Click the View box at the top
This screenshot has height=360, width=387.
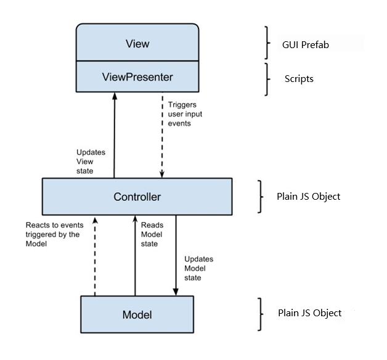click(x=137, y=44)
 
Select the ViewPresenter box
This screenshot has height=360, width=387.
click(x=137, y=77)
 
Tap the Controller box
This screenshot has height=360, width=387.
click(x=137, y=197)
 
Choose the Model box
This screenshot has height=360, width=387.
click(x=137, y=314)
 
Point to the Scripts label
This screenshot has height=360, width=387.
click(x=299, y=79)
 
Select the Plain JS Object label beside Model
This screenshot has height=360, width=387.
click(x=309, y=313)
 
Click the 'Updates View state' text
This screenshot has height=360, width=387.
click(x=89, y=161)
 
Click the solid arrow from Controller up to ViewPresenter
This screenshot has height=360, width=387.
click(x=114, y=136)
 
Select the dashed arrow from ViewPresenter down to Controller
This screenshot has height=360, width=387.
click(x=161, y=136)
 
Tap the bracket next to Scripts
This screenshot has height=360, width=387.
click(x=267, y=79)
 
